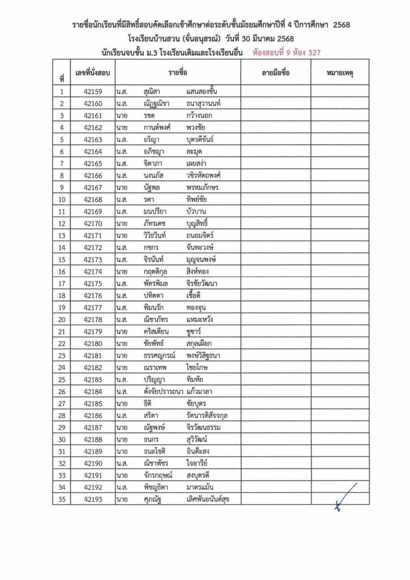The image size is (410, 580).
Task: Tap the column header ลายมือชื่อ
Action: click(275, 74)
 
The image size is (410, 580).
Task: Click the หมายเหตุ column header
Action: click(340, 74)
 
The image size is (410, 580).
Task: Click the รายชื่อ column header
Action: click(177, 74)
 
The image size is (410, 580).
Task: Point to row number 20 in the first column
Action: click(62, 319)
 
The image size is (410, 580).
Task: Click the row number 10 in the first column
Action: click(62, 199)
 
